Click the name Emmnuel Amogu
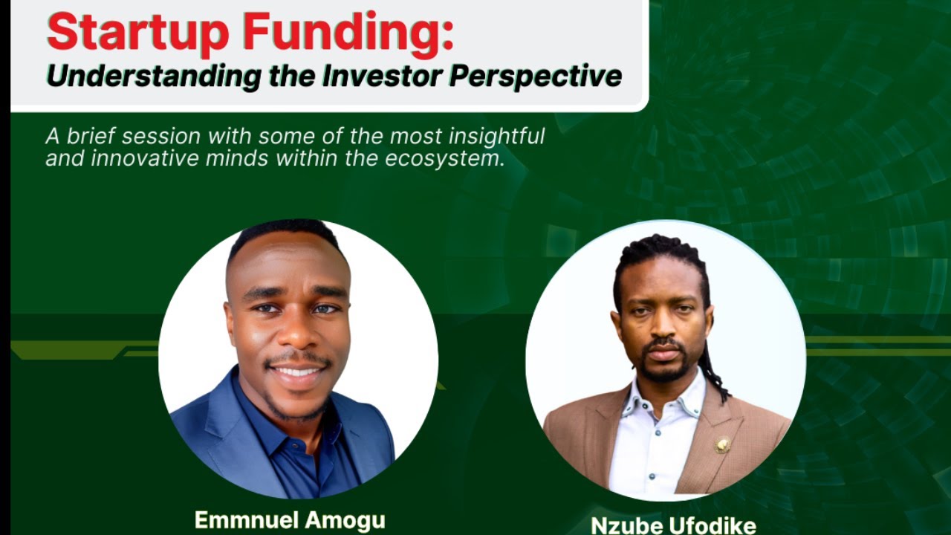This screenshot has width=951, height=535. [x=290, y=520]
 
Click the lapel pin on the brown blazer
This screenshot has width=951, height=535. [x=722, y=444]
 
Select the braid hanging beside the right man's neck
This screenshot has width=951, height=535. [x=715, y=372]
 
